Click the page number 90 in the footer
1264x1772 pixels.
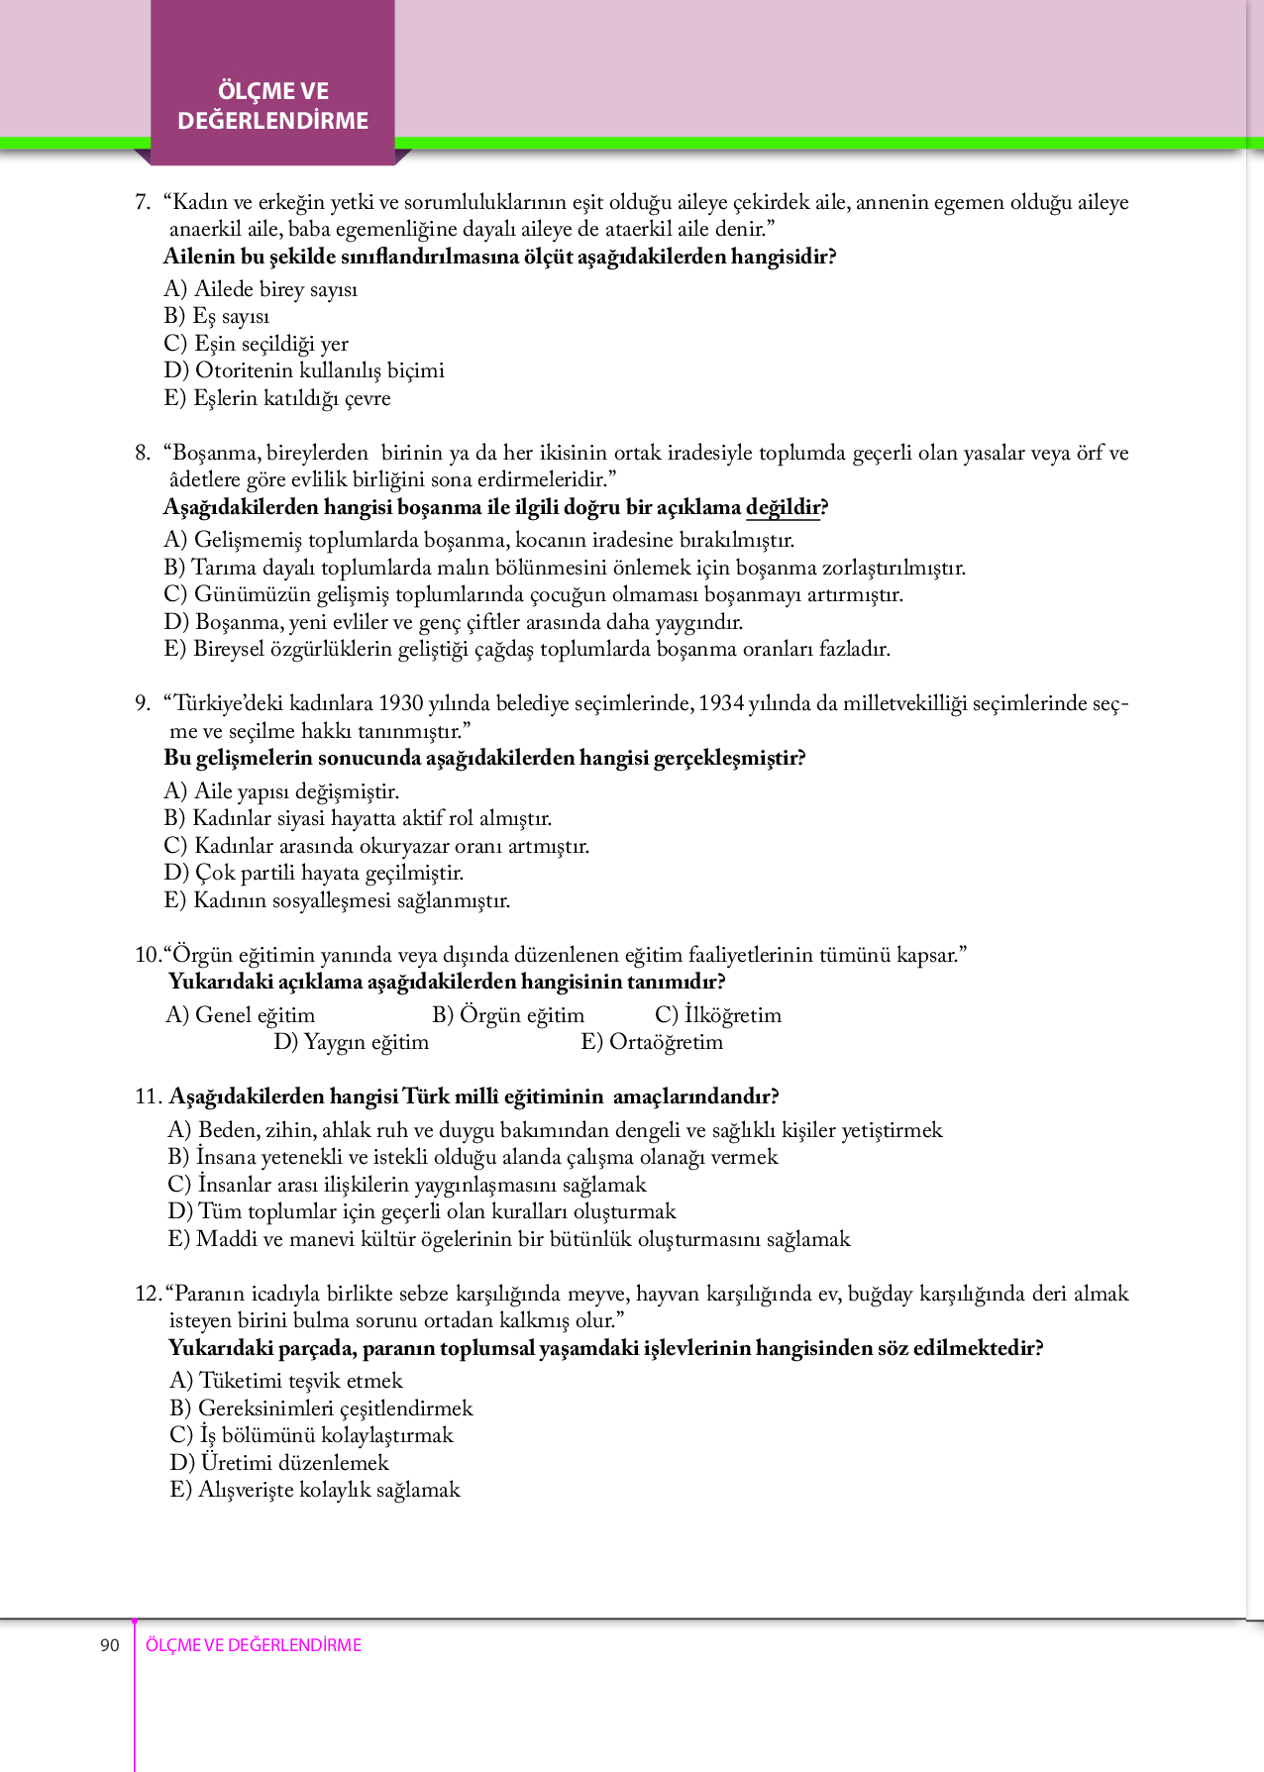pos(109,1645)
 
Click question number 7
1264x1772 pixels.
pos(142,203)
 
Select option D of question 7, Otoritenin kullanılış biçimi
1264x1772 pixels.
pos(304,370)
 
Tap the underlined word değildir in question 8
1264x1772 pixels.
pos(784,507)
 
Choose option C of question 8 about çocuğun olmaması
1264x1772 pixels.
pos(533,594)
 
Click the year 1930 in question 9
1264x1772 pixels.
pos(400,703)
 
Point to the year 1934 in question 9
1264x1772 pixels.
pos(720,703)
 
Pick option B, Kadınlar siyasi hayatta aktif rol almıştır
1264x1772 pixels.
pos(358,818)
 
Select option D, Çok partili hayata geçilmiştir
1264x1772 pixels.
pos(314,873)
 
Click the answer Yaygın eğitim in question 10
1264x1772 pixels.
pos(352,1042)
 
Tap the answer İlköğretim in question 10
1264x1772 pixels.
pos(718,1015)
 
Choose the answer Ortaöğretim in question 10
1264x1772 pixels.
pos(652,1042)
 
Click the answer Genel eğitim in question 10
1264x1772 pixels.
pos(241,1015)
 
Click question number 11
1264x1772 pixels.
pos(148,1096)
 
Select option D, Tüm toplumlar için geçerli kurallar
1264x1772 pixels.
pos(422,1211)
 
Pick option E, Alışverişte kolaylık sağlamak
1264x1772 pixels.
pos(315,1490)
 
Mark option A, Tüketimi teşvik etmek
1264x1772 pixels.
pos(286,1381)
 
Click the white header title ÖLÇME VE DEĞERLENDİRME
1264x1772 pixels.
pos(273,106)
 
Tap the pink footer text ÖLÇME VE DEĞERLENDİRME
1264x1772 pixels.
pos(254,1645)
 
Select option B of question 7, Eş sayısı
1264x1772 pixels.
pos(217,316)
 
